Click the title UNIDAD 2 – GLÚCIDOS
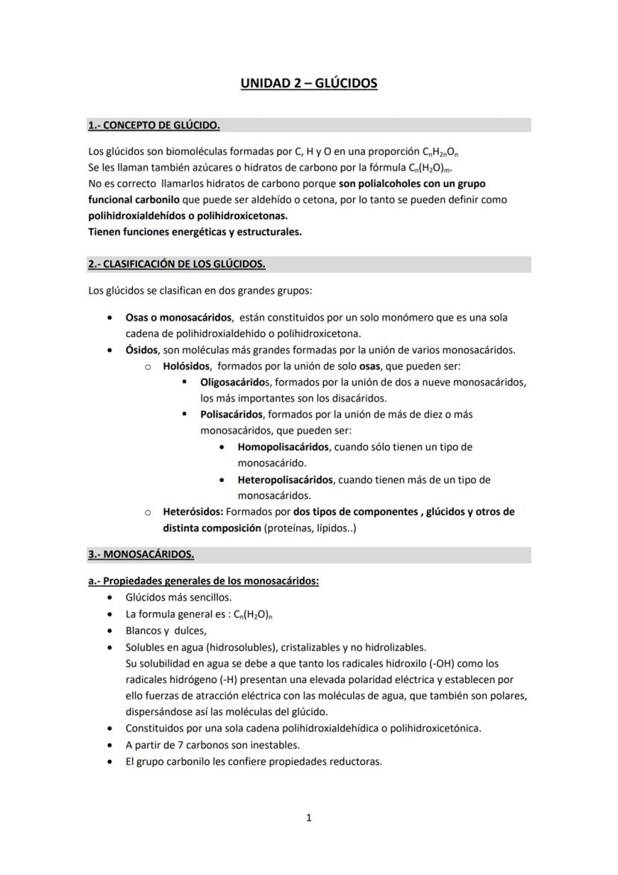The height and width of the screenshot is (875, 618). pos(308,83)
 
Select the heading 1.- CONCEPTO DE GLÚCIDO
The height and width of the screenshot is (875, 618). pos(154,125)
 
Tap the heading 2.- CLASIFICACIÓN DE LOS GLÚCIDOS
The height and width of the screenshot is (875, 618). pos(176,264)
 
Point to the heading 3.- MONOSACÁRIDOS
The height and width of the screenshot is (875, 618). pos(141,554)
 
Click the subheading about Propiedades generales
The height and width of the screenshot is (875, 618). pos(203,581)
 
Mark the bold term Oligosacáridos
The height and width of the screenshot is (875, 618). pos(231,382)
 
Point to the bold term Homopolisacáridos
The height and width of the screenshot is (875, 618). pos(283,447)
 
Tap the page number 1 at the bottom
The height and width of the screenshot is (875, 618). pos(308,817)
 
